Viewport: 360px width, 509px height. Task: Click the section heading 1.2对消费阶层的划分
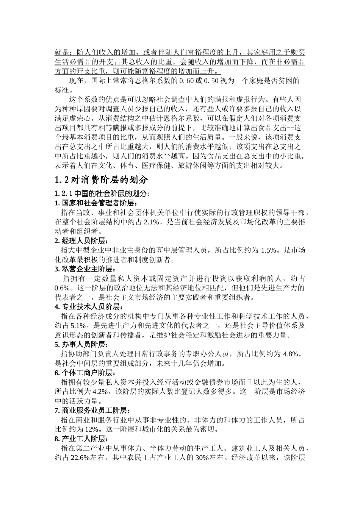point(102,179)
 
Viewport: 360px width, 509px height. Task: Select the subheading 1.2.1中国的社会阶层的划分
point(102,194)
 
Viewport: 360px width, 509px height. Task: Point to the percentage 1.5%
point(268,250)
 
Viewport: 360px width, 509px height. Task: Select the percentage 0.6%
point(62,288)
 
